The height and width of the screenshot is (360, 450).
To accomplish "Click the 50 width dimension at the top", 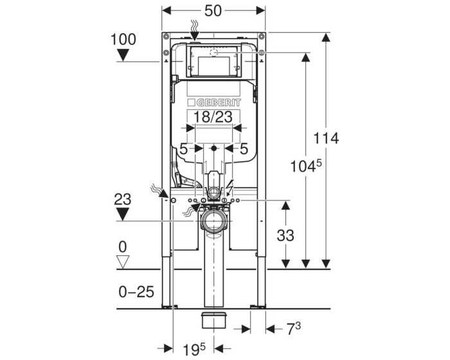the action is coord(213,11).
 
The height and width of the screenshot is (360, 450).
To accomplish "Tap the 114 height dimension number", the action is coord(326,138).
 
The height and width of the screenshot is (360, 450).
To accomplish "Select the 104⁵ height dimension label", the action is coord(306,166).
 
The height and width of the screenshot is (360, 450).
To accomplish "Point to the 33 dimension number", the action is coord(285,235).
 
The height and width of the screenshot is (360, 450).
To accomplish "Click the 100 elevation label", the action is coord(123,39).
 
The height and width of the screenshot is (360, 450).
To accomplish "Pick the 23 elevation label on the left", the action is coord(123,199).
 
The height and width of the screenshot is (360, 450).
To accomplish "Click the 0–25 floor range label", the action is coord(136,292).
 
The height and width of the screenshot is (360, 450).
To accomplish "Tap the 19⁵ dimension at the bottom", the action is coord(194,349).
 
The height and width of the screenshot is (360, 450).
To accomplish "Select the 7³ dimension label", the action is coord(294,328).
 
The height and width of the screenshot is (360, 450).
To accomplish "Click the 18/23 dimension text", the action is coord(213,117).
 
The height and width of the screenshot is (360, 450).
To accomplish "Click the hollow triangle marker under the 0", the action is coord(123,262).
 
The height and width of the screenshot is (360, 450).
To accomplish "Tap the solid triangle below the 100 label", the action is coord(123,55).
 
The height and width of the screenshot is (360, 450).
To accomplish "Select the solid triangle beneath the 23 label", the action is coord(123,215).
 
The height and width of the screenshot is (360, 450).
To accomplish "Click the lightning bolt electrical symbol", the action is coord(230,187).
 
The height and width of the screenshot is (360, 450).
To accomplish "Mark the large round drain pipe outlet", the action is coord(214,221).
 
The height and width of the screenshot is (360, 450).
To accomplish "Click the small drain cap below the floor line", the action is coord(214,320).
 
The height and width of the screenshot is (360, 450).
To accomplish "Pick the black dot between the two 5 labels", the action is coord(213,148).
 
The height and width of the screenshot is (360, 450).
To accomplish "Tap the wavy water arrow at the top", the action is coord(195,30).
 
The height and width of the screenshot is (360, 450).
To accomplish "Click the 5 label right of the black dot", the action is coord(244,148).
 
